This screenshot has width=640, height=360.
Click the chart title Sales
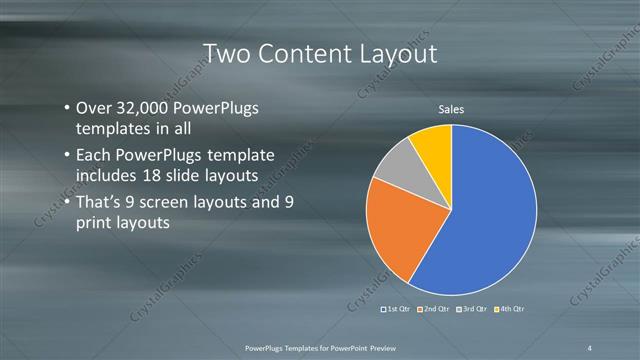tap(452, 109)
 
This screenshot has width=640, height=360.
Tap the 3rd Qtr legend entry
tap(474, 309)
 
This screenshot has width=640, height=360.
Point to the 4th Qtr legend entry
tap(511, 309)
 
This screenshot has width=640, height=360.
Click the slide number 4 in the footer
tap(590, 346)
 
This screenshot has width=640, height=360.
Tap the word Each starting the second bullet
tap(94, 155)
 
